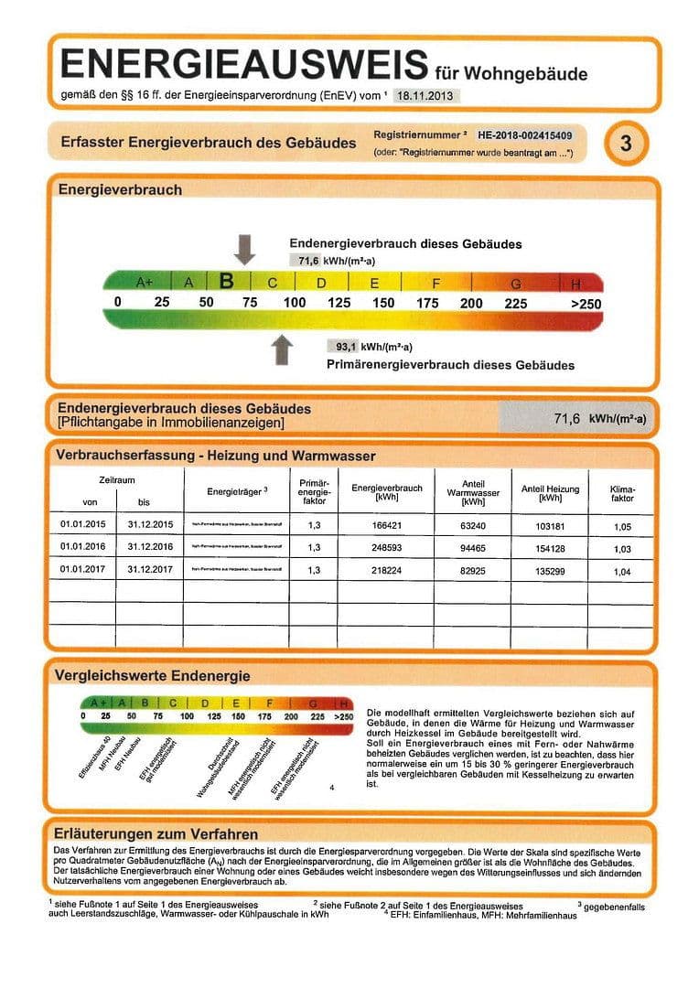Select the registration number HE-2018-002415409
click(x=524, y=134)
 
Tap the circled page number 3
click(x=626, y=144)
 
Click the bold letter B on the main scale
click(x=228, y=282)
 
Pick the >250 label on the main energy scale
click(x=586, y=304)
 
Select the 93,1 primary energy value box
click(x=345, y=347)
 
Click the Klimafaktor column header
click(x=622, y=494)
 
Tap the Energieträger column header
click(x=237, y=492)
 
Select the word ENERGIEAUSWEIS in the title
click(x=243, y=65)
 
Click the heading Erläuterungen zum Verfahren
click(x=156, y=833)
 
